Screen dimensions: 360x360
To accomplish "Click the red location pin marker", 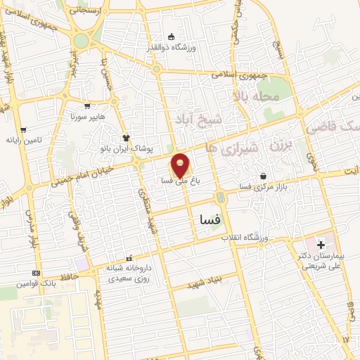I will click(x=181, y=165).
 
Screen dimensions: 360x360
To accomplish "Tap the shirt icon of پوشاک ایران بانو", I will click(x=127, y=138).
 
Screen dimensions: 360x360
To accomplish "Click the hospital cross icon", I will click(x=321, y=245).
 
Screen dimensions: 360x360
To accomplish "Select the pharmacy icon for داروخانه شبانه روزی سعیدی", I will click(x=127, y=257).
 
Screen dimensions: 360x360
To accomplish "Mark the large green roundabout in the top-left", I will click(x=82, y=41).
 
